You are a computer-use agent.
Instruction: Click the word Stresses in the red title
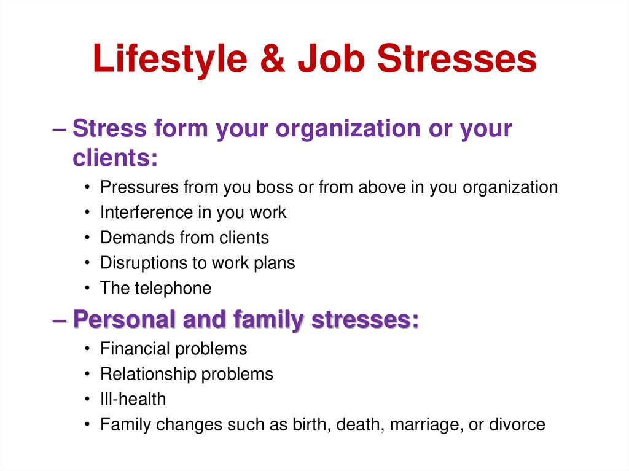click(x=457, y=60)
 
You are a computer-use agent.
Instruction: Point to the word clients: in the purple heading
click(x=115, y=158)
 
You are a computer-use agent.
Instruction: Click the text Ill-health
click(x=133, y=399)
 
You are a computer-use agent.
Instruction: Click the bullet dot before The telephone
click(x=89, y=289)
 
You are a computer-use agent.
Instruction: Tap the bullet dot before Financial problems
click(x=89, y=349)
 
